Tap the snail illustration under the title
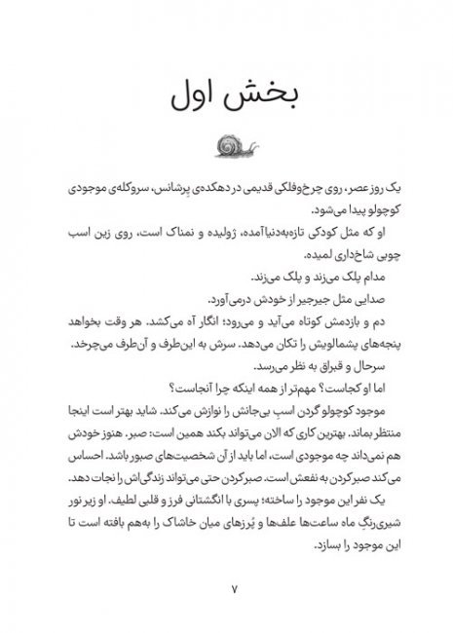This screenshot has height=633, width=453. tap(226, 146)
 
